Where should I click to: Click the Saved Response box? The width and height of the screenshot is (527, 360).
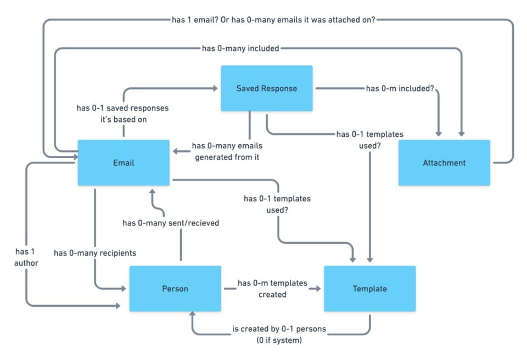266,88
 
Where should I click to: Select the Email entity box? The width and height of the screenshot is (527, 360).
124,162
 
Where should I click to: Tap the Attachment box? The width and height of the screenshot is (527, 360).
444,162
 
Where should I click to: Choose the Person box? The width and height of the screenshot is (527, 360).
175,289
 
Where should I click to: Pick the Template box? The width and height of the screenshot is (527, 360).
369,289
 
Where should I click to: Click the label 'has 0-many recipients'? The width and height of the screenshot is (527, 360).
95,253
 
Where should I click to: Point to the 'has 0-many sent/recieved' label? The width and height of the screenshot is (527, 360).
170,223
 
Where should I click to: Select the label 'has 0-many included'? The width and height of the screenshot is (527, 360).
240,48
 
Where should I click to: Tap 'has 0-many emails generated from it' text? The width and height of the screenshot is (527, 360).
227,151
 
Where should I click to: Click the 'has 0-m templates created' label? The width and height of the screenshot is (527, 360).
272,289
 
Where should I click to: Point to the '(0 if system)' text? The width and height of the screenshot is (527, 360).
279,340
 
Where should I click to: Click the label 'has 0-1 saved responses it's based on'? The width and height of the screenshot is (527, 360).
122,113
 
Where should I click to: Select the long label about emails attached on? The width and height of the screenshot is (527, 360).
273,20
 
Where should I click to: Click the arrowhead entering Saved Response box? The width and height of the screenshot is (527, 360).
216,88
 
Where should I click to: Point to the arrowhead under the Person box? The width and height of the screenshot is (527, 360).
192,314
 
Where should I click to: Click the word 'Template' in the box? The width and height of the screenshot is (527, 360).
369,289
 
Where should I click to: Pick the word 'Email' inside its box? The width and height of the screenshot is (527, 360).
124,162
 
